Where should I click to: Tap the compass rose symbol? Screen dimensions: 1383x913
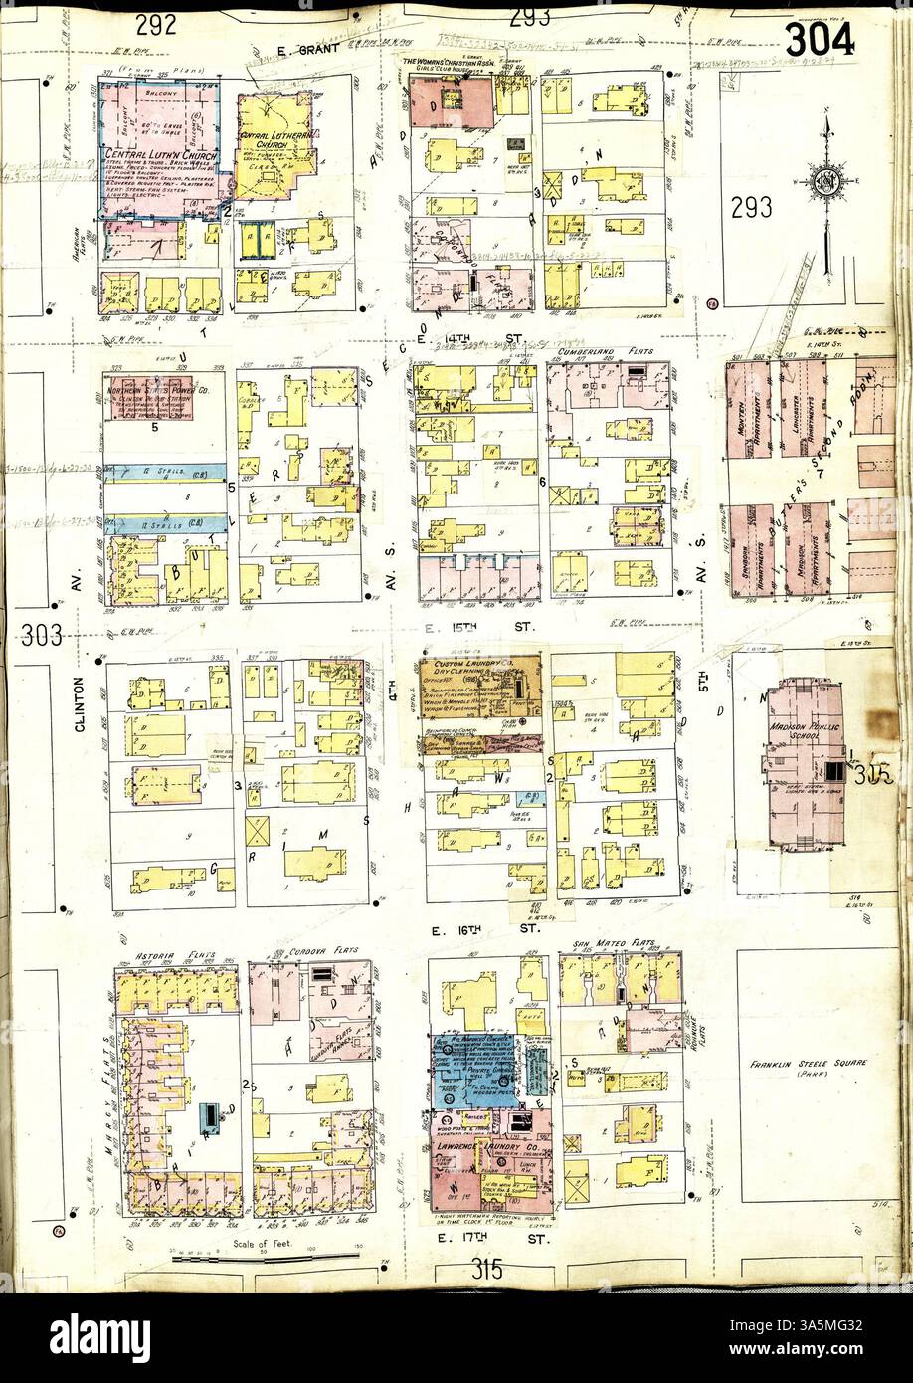[x=824, y=181]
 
